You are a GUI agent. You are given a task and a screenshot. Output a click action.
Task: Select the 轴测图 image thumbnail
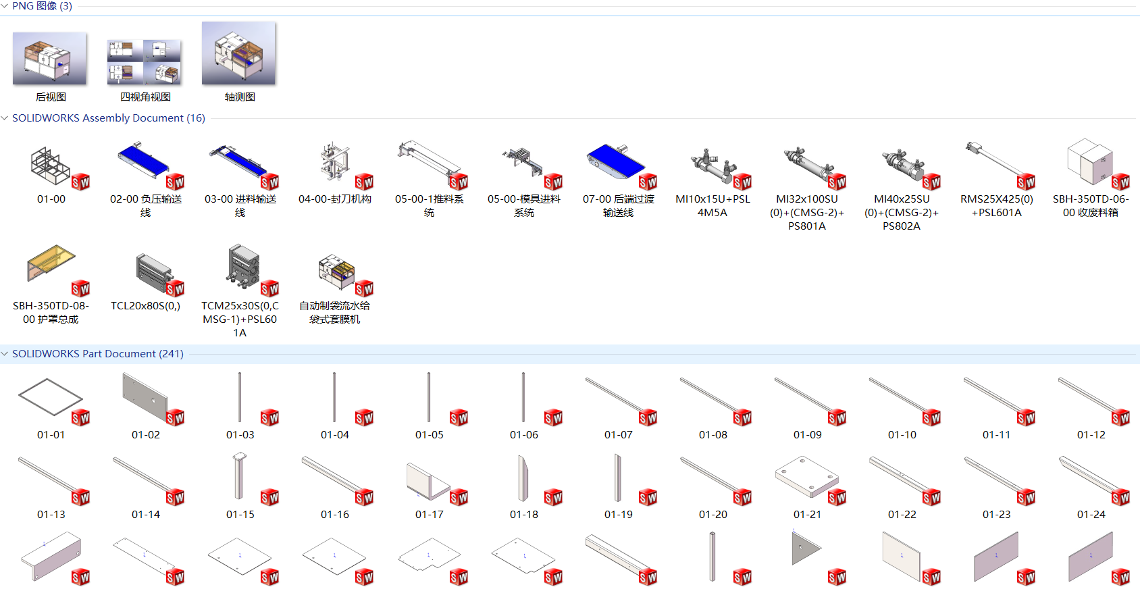[239, 53]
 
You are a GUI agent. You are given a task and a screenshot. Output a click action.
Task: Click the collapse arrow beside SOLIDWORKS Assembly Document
[5, 118]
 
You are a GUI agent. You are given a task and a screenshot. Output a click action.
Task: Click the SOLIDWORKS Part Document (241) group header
[98, 354]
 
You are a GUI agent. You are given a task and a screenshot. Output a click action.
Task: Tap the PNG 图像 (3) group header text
[42, 6]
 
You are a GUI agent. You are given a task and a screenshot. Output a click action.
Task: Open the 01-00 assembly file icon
[51, 165]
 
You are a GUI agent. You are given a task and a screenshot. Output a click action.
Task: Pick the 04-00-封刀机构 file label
[335, 199]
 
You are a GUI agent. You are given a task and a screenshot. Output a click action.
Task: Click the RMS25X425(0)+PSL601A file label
[997, 206]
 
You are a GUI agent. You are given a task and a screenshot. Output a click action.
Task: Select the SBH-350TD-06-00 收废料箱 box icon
[1089, 162]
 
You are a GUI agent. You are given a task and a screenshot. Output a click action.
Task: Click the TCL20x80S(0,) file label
[146, 306]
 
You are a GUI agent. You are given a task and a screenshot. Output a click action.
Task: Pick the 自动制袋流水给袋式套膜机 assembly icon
[336, 270]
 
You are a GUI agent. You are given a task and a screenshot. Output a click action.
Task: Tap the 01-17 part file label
[430, 515]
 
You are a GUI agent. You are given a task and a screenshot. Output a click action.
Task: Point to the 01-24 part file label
[1091, 515]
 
